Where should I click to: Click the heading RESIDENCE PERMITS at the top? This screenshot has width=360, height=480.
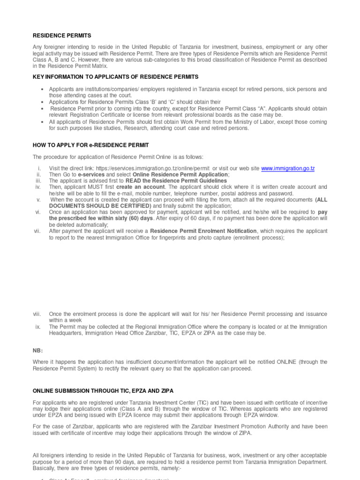tap(62, 36)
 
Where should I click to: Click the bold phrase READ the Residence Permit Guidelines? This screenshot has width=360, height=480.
tap(175, 181)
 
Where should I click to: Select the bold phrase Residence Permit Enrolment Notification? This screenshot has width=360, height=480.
tap(203, 231)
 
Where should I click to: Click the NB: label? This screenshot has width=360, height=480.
tap(37, 350)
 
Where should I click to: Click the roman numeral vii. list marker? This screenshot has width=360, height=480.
tap(37, 231)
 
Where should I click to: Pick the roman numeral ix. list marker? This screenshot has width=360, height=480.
tap(39, 327)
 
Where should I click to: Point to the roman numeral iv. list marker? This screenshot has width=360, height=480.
tap(38, 187)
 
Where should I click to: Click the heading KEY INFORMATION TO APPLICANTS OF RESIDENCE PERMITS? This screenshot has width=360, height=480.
tap(115, 76)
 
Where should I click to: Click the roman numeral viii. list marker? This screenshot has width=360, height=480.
tap(38, 314)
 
